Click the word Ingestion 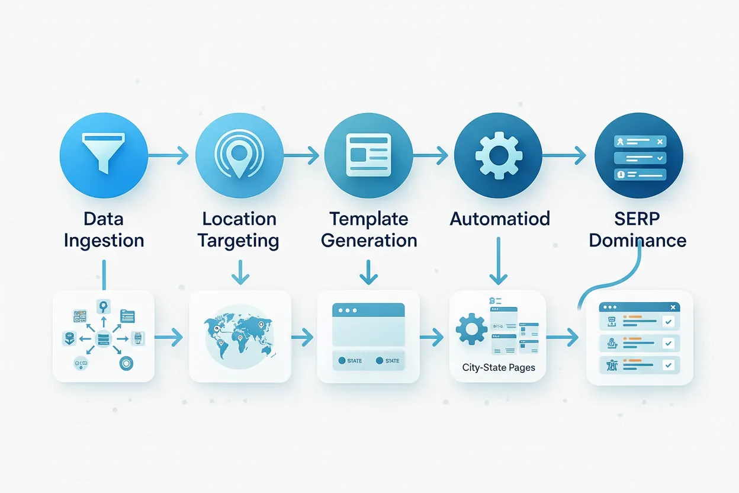click(104, 241)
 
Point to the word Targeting click(239, 241)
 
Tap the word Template click(368, 219)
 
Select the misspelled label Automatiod click(500, 219)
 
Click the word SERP click(637, 219)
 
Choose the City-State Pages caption click(499, 367)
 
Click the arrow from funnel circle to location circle click(168, 156)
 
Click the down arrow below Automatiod click(499, 261)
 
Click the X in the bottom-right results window click(673, 308)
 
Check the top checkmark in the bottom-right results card click(669, 322)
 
